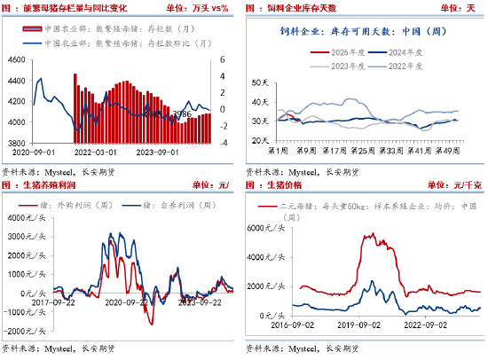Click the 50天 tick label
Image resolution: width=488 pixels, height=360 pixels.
(261, 82)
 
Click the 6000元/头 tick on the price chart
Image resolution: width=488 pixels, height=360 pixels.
(272, 227)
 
